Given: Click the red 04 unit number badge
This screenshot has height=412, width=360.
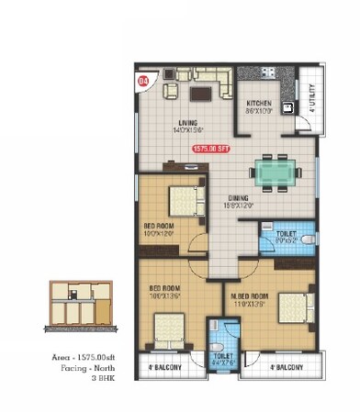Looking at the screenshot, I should pyautogui.click(x=142, y=81).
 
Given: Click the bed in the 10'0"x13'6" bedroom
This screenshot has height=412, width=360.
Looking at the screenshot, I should pyautogui.click(x=170, y=326).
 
